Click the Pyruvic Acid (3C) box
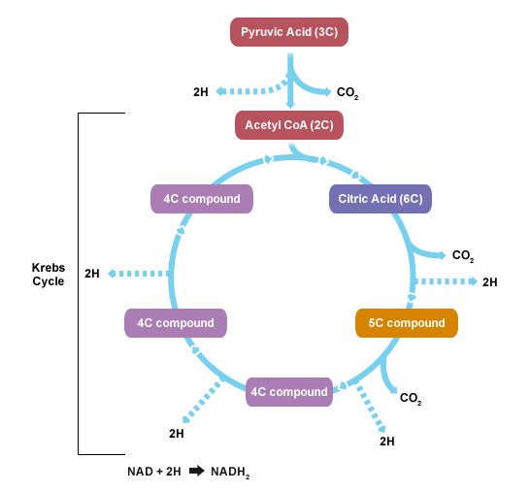pos(289,32)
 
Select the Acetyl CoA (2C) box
pos(289,125)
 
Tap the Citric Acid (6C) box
pos(381,199)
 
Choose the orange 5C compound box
pos(407,323)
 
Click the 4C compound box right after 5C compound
pos(289,392)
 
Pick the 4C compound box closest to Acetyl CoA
pos(202,199)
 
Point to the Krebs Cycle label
pos(49,275)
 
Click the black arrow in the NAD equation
pos(197,471)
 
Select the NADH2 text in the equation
pos(230,472)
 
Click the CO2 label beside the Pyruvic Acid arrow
pos(348,92)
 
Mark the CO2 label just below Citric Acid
pos(463,256)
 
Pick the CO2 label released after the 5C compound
pos(411,399)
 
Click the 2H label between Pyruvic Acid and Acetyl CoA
pos(200,92)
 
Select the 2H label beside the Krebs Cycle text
pos(92,274)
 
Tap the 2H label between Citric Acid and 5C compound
pos(490,282)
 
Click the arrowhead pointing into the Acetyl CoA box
pos(290,104)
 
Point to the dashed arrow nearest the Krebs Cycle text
pos(138,274)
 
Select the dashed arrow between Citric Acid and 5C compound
pos(447,281)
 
